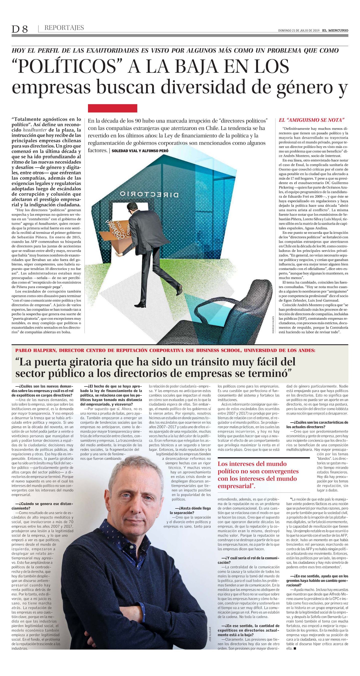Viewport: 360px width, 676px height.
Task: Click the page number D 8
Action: [20, 29]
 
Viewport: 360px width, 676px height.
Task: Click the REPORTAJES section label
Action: [64, 28]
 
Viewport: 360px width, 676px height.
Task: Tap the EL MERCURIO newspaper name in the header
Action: [335, 30]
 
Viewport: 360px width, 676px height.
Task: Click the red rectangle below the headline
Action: [112, 108]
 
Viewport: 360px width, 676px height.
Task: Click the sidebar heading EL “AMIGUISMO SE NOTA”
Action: [312, 120]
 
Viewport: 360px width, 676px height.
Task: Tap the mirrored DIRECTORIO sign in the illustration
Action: [149, 194]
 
